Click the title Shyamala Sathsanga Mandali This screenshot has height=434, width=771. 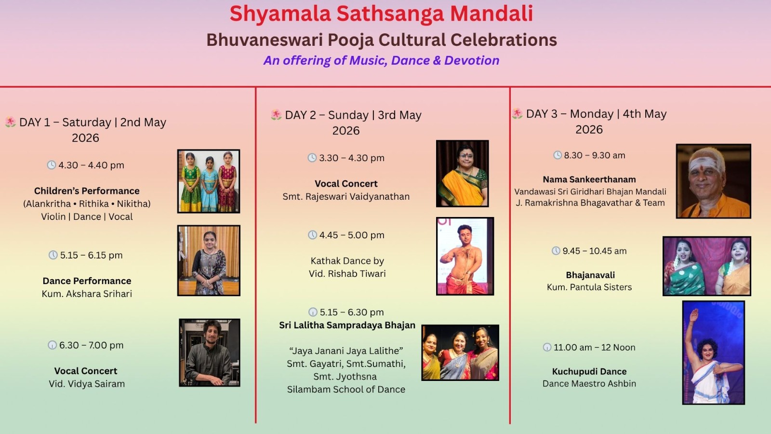click(381, 14)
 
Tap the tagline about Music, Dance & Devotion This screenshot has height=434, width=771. click(381, 60)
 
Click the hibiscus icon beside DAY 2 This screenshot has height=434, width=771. click(276, 115)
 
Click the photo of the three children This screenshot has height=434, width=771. click(209, 181)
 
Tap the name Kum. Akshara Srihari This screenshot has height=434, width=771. click(87, 294)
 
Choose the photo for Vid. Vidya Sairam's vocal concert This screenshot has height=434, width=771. click(209, 353)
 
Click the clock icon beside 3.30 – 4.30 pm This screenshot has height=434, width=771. click(312, 158)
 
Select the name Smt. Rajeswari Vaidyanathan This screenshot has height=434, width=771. click(346, 197)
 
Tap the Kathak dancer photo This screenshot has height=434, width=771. click(465, 256)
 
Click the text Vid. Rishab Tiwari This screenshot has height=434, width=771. click(347, 274)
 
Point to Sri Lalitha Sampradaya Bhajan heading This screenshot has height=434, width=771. click(347, 325)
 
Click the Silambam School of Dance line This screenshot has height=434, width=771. click(346, 390)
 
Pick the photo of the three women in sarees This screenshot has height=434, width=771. click(460, 353)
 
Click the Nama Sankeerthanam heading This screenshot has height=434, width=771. click(589, 179)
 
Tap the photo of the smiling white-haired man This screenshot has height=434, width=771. click(714, 181)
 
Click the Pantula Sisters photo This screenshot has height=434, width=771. click(706, 266)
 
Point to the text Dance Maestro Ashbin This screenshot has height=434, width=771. click(589, 384)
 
